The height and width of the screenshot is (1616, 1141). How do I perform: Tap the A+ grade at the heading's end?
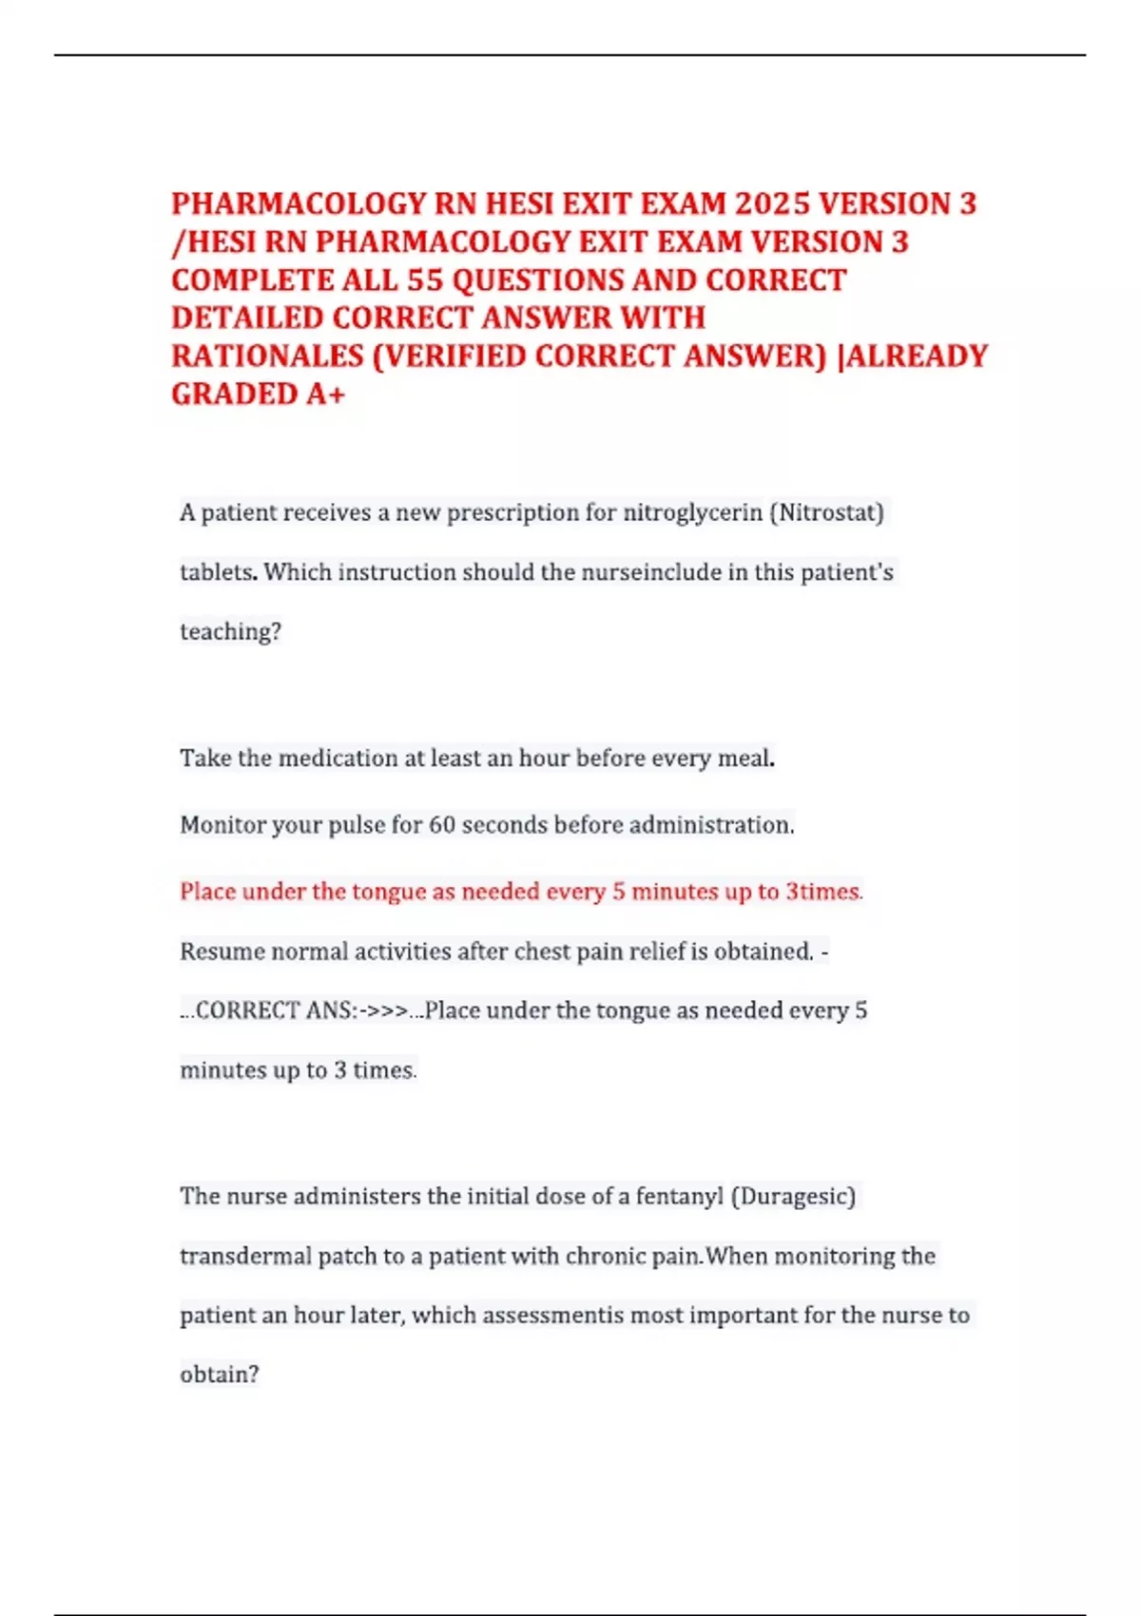click(325, 394)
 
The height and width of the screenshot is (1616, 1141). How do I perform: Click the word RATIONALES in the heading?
click(267, 356)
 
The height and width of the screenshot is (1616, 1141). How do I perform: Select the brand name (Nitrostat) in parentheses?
click(826, 513)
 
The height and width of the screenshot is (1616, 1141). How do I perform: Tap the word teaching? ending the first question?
click(230, 632)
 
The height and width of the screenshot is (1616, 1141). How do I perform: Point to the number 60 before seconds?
click(442, 825)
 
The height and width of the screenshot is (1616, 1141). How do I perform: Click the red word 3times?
click(822, 892)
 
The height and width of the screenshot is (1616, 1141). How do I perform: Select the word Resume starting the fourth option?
click(221, 952)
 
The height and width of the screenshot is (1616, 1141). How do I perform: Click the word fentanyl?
click(679, 1196)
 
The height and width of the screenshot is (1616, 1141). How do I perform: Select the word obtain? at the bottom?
click(219, 1375)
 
